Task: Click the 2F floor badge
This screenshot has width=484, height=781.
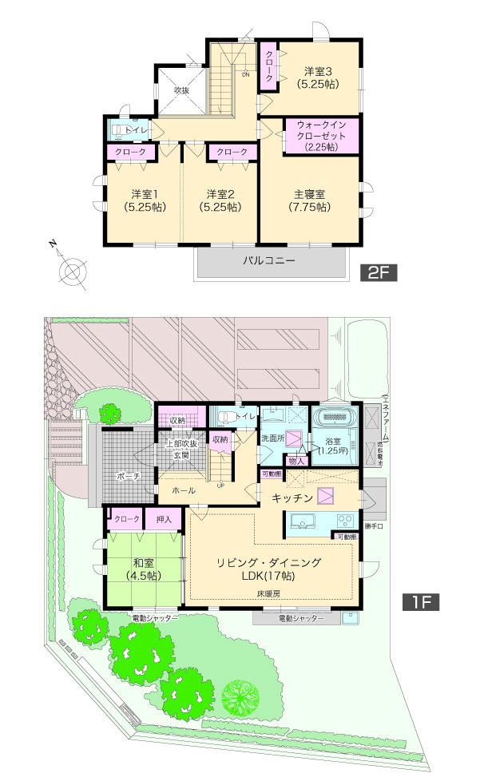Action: pos(378,272)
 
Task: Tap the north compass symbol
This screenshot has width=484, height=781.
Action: pos(71,270)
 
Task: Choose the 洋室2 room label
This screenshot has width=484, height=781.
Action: pos(220,200)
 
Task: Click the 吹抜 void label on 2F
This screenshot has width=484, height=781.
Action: pos(182,91)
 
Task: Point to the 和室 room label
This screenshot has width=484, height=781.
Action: pos(145,567)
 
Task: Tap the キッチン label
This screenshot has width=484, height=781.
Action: pos(291,498)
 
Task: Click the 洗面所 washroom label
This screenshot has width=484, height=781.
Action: pos(272,439)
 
